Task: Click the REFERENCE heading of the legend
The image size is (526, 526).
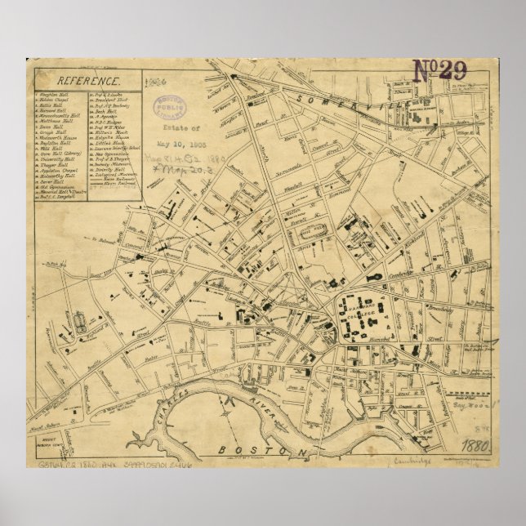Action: click(88, 81)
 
